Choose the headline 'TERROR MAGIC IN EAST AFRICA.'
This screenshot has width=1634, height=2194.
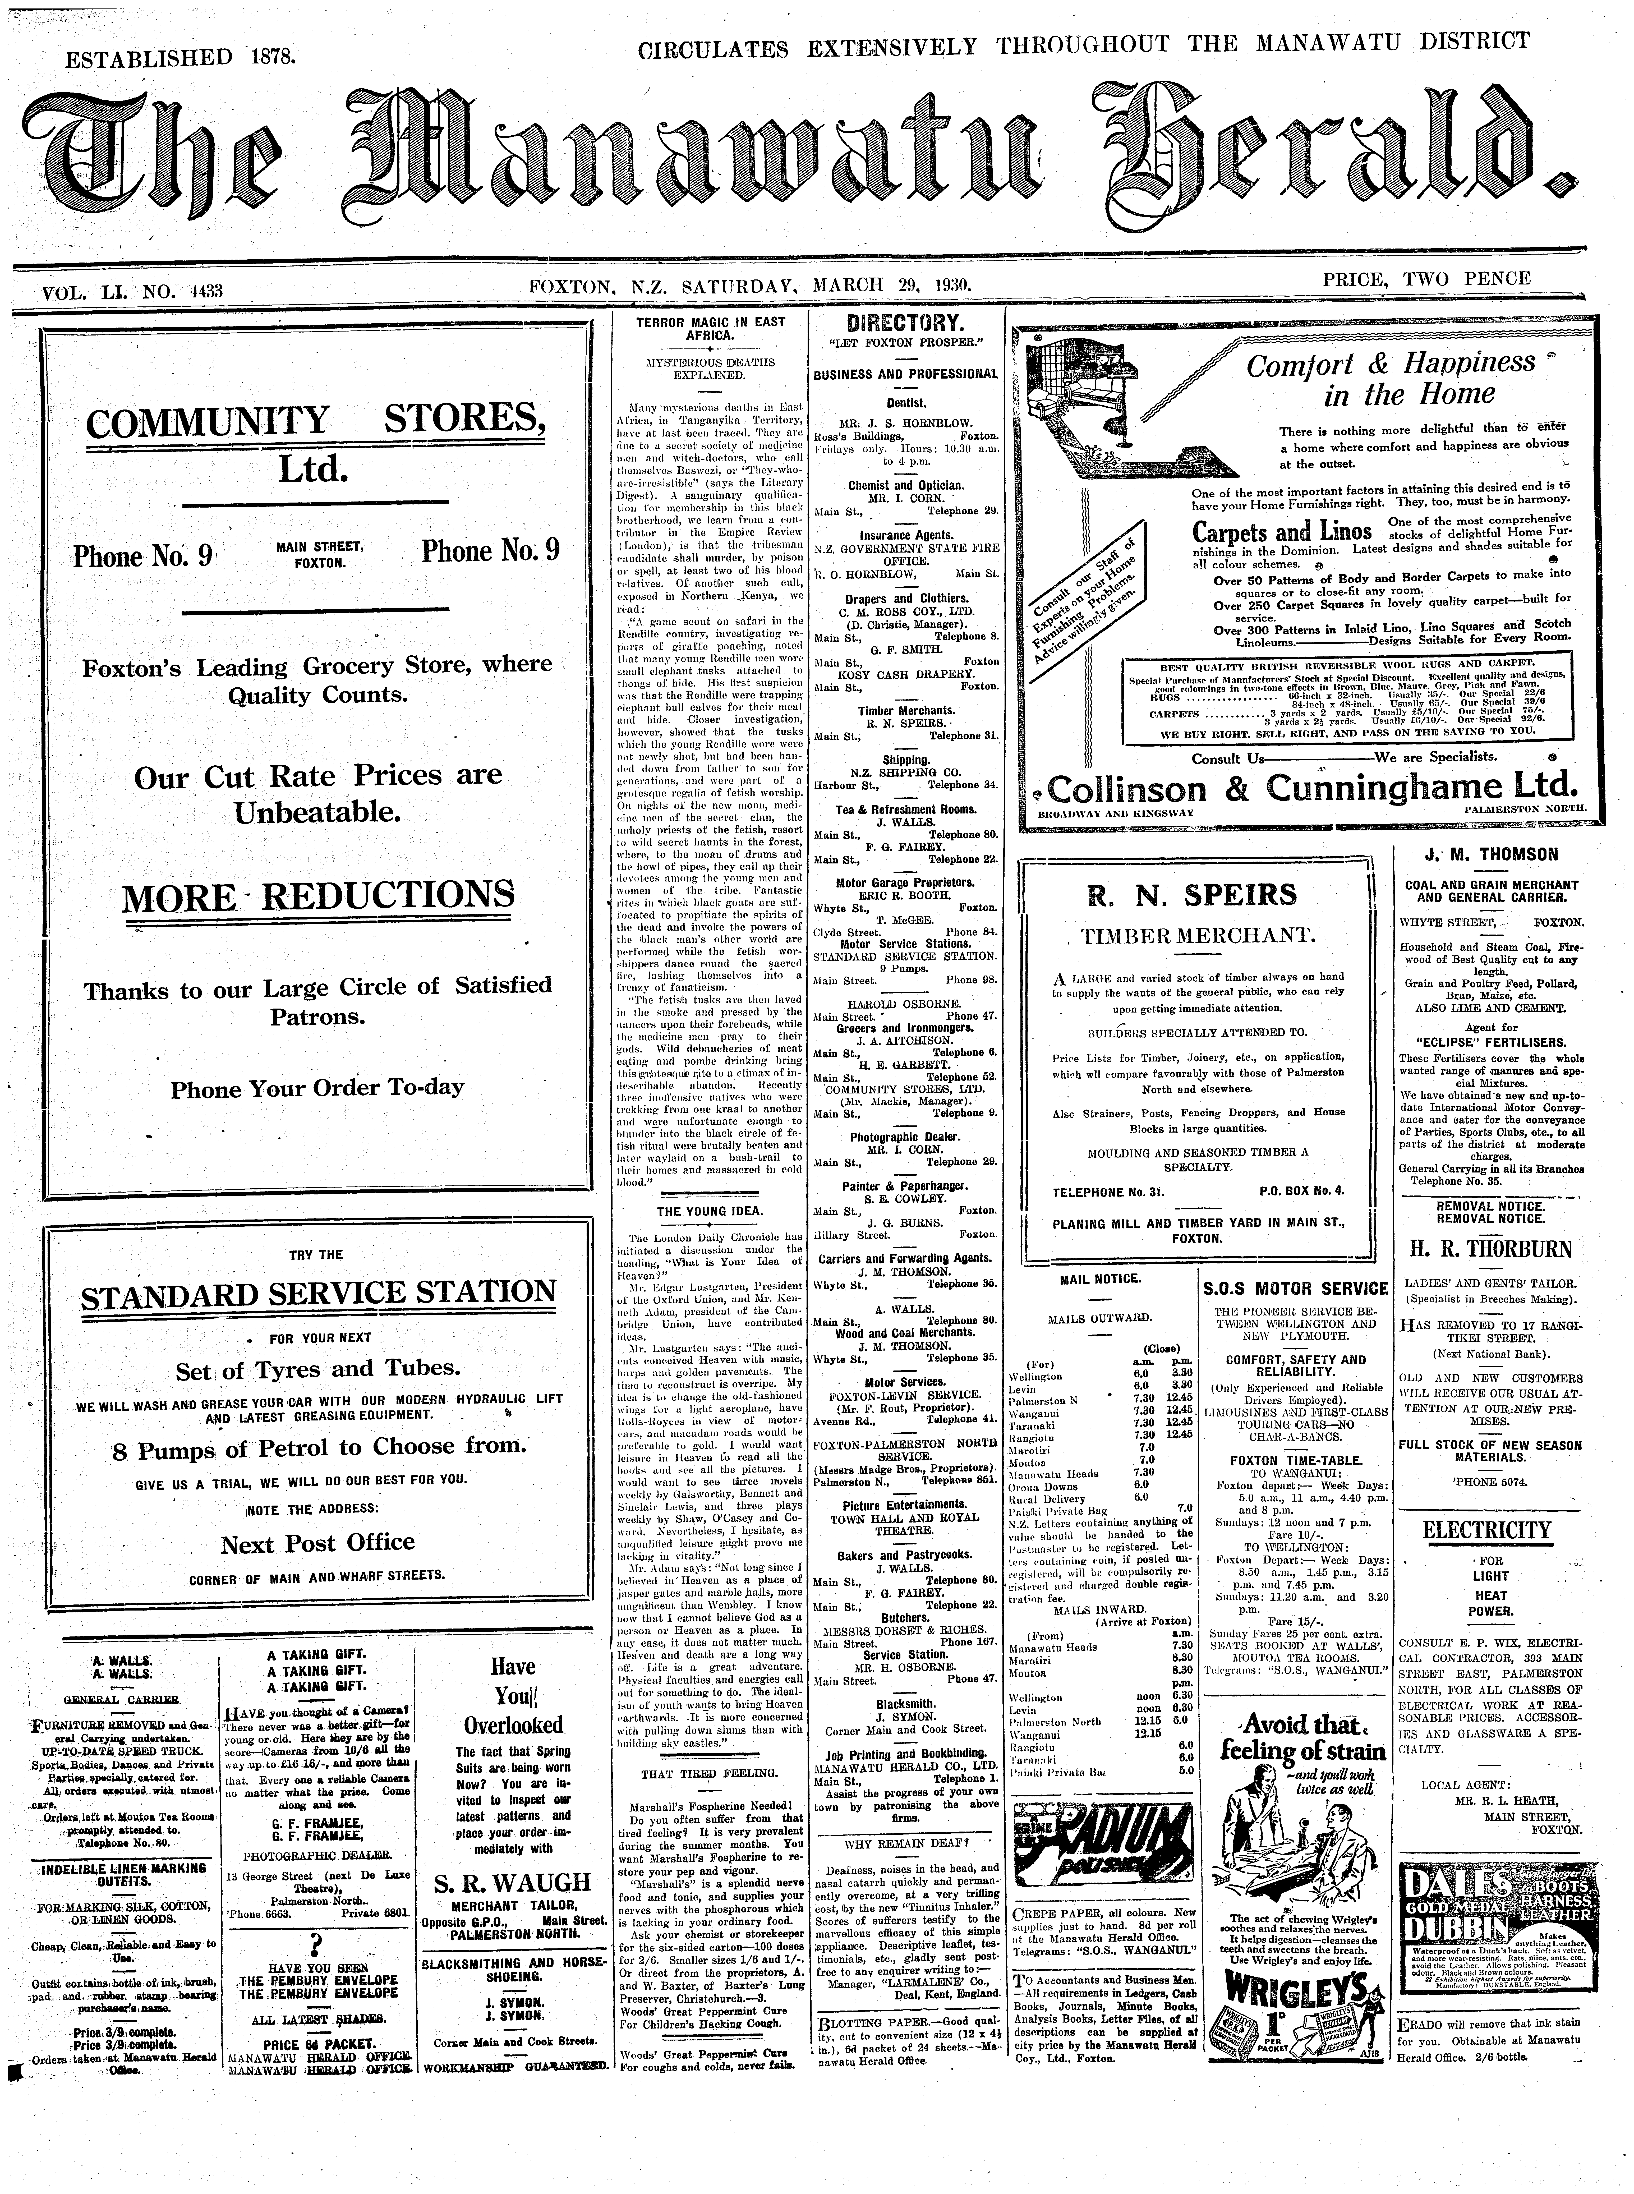click(710, 328)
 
